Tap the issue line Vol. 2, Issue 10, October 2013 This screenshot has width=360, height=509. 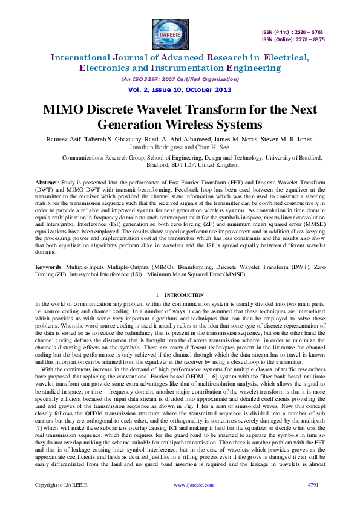tap(180, 89)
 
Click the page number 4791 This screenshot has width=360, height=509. tap(313, 485)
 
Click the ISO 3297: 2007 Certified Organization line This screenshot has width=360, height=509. tap(180, 79)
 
